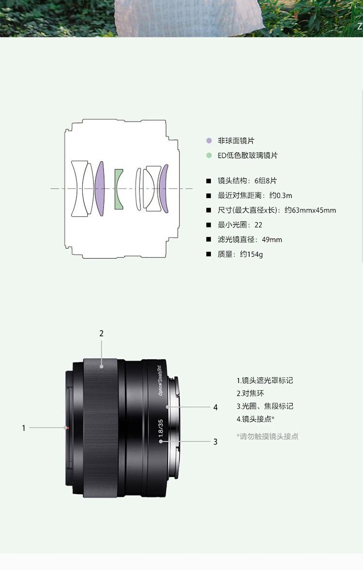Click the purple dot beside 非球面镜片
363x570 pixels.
click(209, 141)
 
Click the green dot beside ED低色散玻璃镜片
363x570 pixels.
click(209, 156)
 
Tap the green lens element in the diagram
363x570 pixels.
click(119, 189)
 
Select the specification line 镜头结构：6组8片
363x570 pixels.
click(247, 180)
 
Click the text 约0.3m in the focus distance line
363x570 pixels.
click(280, 195)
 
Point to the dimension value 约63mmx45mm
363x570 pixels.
click(310, 210)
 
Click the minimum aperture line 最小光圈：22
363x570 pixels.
click(240, 225)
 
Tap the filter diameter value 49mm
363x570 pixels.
click(272, 240)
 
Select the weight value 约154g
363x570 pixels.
click(251, 255)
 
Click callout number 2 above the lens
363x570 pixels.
click(102, 333)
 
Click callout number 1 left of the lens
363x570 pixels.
click(24, 428)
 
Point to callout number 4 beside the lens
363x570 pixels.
click(215, 407)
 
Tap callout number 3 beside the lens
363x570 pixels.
click(215, 442)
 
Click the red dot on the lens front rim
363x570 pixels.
click(67, 428)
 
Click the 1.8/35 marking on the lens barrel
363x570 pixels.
click(161, 428)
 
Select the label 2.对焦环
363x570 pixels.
click(250, 393)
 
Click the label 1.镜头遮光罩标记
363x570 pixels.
click(265, 381)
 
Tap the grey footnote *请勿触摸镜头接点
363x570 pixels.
click(267, 436)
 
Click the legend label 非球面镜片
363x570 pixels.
click(236, 141)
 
